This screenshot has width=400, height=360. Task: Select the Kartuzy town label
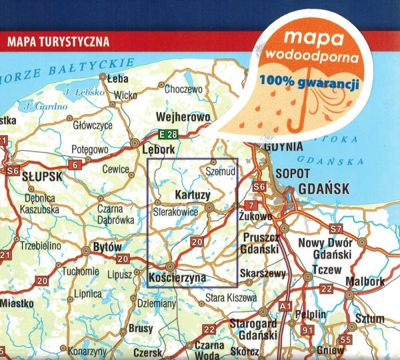pyautogui.click(x=192, y=195)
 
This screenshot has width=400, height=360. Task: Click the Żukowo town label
pyautogui.click(x=261, y=217)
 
